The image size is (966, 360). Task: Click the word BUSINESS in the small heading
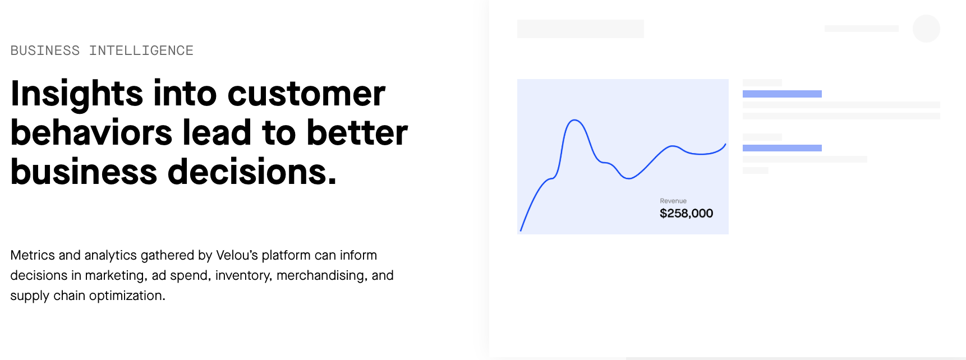45,50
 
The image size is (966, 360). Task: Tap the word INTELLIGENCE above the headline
141,50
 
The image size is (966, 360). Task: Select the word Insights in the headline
77,94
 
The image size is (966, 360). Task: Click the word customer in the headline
306,94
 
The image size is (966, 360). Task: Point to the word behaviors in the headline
91,133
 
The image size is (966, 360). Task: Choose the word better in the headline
357,133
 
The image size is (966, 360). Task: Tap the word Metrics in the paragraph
33,255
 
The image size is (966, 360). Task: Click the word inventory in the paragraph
243,276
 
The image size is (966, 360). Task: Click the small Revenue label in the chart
673,201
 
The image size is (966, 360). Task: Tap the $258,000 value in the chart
686,213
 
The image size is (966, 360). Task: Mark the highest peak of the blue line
574,120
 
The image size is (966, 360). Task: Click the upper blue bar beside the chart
782,94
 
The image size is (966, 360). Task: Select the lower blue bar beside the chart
782,148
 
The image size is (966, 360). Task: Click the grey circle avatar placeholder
926,29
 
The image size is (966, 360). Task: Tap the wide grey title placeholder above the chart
581,29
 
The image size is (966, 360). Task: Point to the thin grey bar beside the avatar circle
861,29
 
